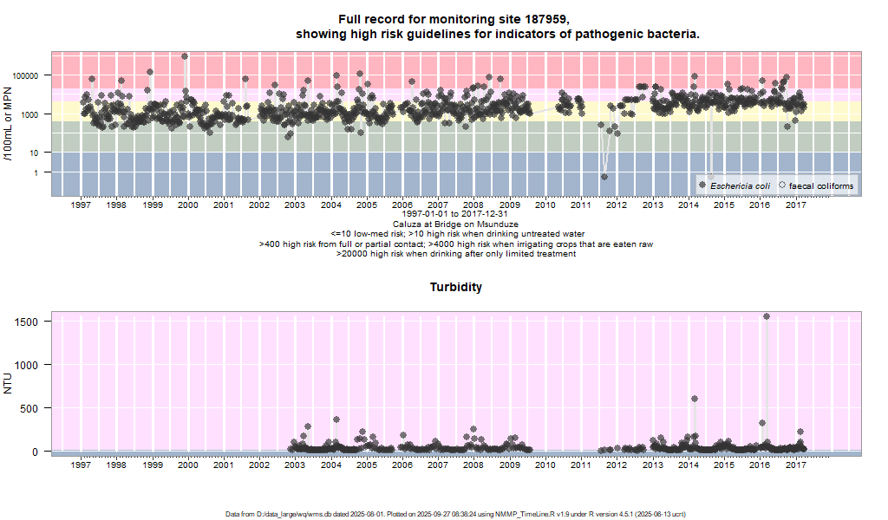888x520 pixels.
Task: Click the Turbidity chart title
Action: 456,287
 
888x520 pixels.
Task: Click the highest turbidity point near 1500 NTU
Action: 767,316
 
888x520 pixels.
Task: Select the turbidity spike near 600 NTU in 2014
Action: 695,399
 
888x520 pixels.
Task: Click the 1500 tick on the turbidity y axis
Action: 27,322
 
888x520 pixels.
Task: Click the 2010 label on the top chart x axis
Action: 545,205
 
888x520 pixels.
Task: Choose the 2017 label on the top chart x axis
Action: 795,205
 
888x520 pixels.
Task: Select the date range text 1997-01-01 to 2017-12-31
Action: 455,214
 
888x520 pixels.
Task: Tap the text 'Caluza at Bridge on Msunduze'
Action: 455,224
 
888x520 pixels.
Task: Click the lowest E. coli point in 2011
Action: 604,177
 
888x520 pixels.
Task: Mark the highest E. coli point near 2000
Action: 185,56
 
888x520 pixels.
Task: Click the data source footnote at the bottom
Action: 455,514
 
